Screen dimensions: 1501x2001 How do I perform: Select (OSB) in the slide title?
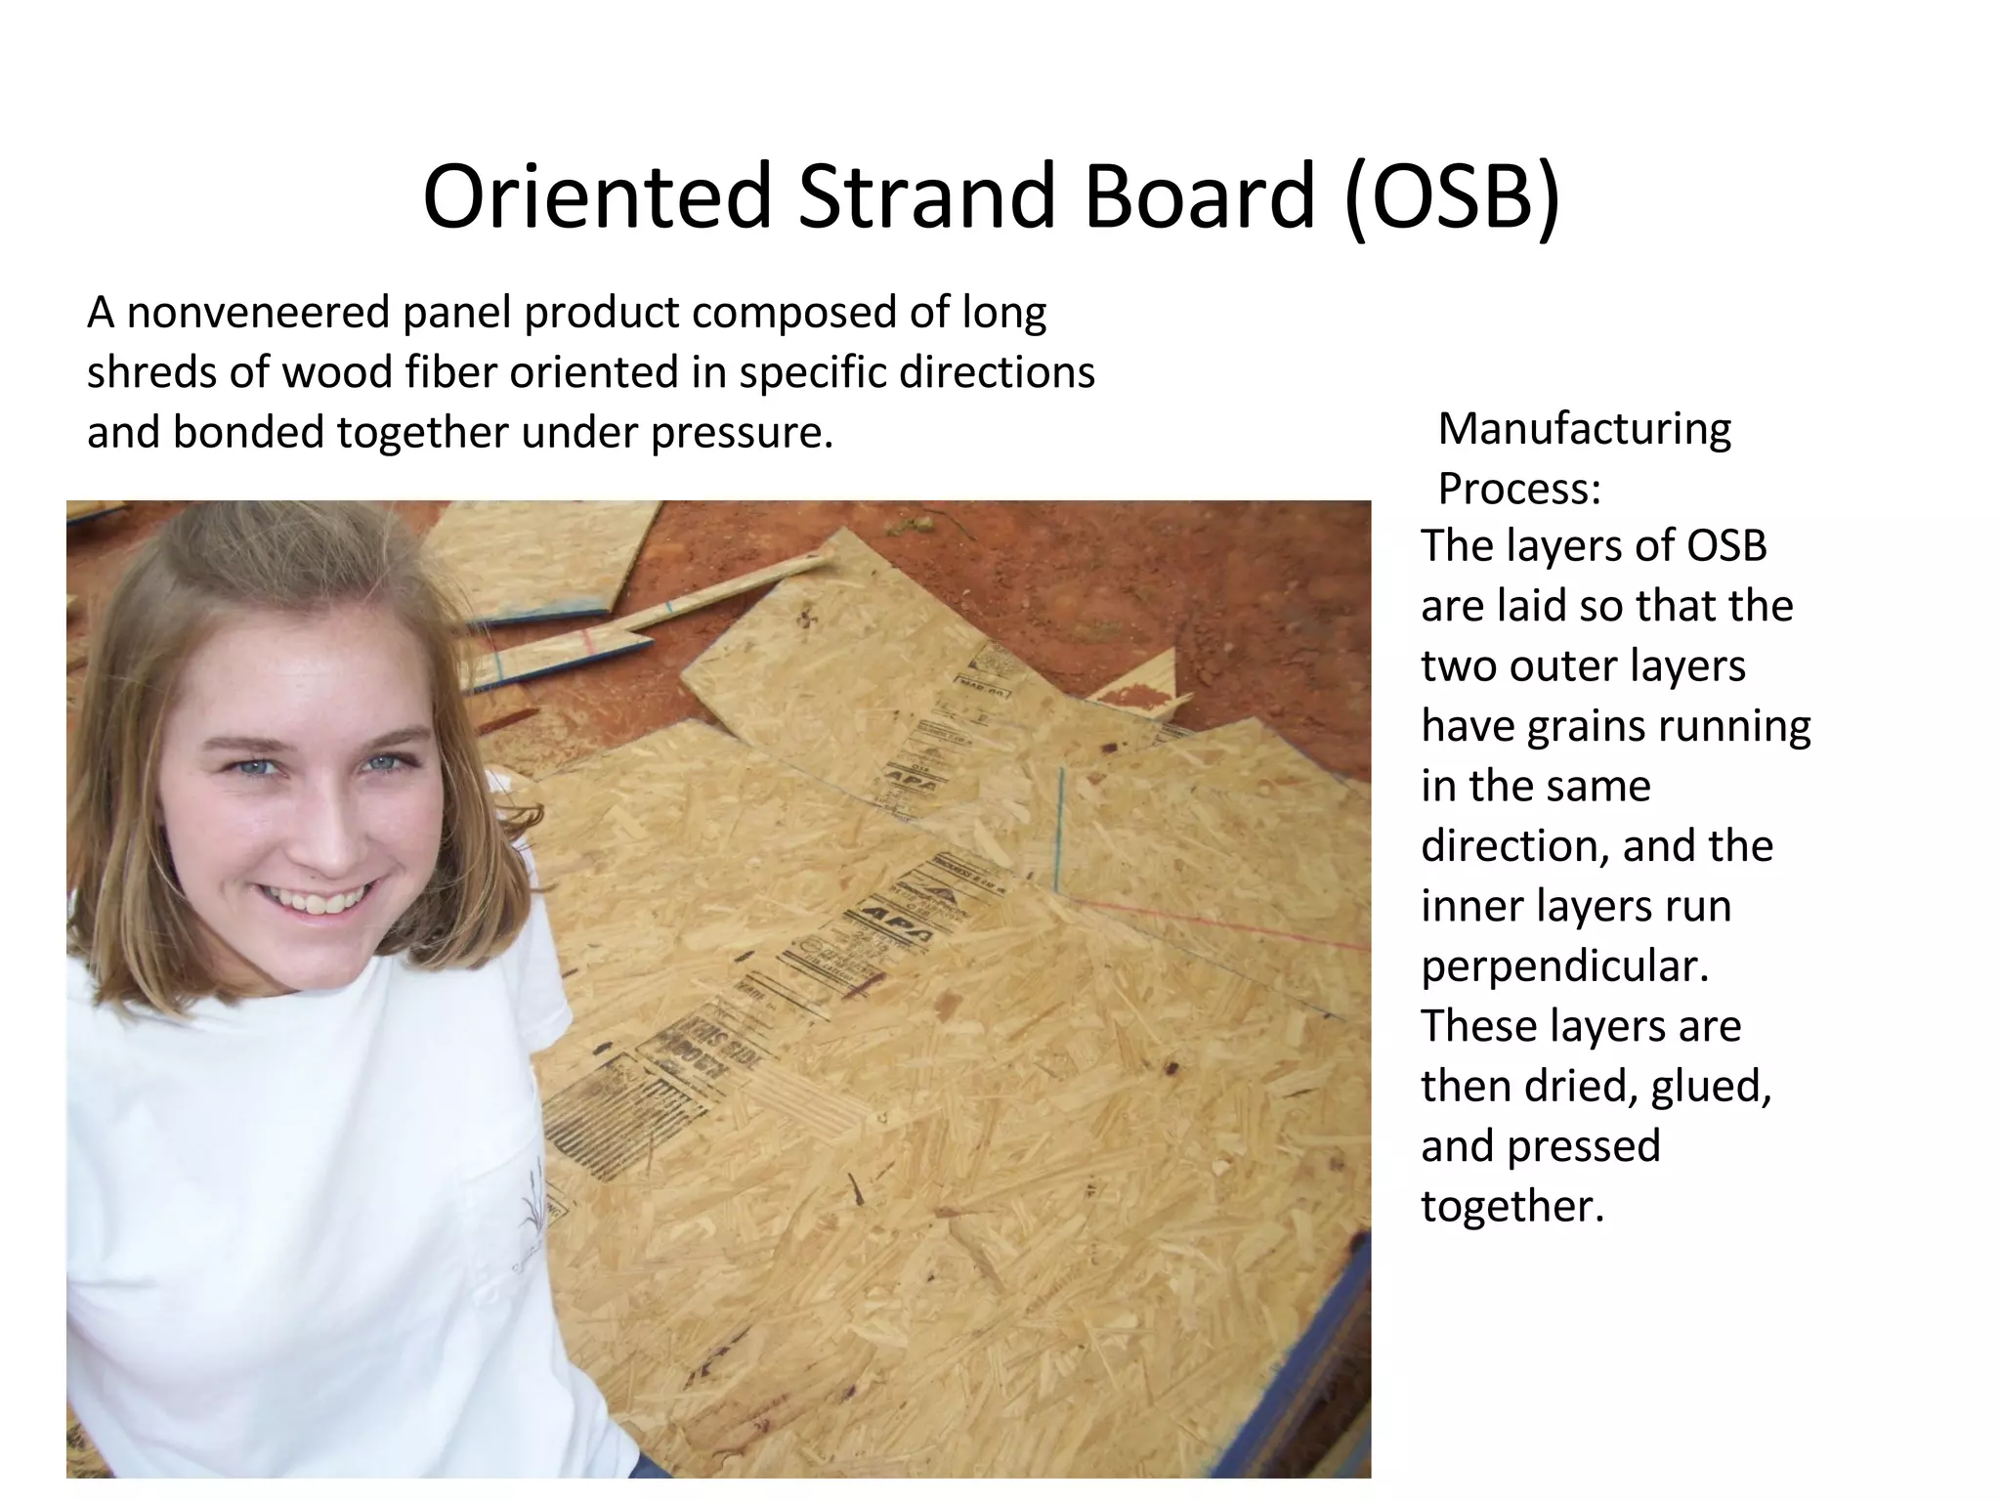[x=1453, y=198]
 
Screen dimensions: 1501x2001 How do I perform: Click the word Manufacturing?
[x=1584, y=428]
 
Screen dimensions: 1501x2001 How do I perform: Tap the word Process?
[x=1519, y=489]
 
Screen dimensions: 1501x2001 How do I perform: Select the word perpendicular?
[x=1564, y=966]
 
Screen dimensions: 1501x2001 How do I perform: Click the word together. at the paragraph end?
[x=1512, y=1206]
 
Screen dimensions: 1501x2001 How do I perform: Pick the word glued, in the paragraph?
[x=1711, y=1087]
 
